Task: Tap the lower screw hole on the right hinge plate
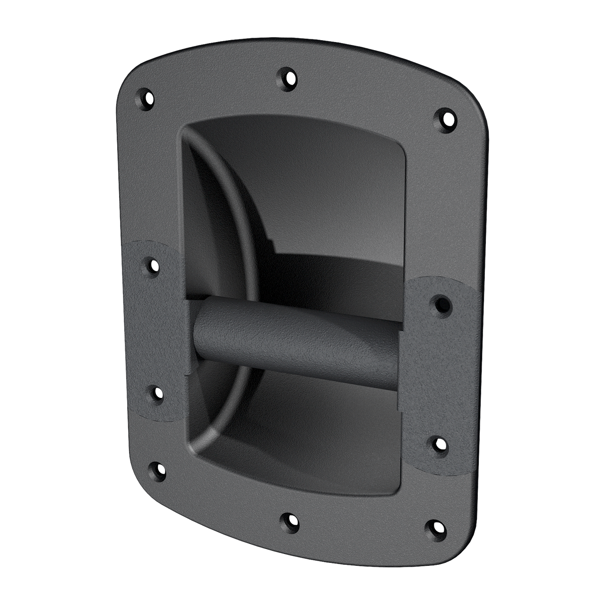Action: (x=441, y=445)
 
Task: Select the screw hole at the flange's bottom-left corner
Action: (x=157, y=472)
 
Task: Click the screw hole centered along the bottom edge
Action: (x=289, y=522)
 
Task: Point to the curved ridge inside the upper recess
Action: (x=232, y=189)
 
